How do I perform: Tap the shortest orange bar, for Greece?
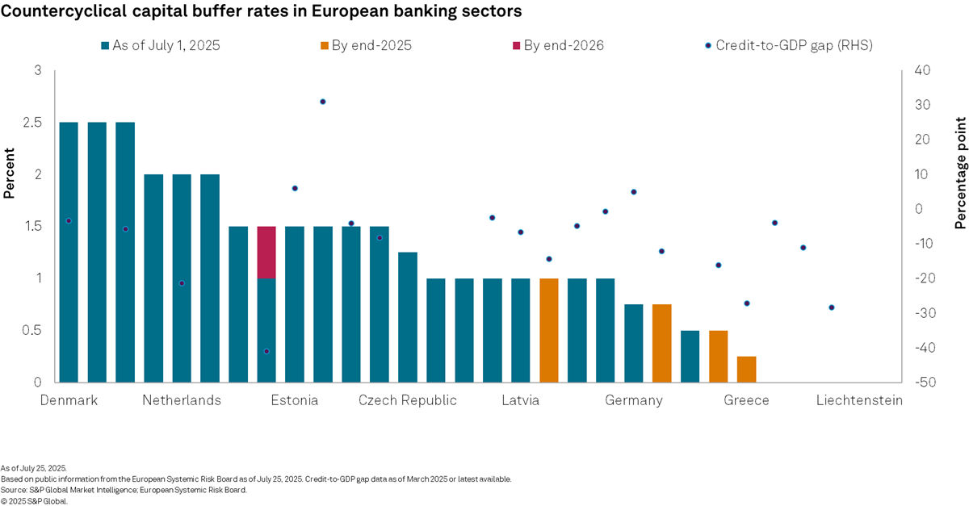pyautogui.click(x=746, y=369)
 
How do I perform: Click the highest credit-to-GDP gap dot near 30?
pyautogui.click(x=322, y=102)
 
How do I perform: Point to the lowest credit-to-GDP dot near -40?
pyautogui.click(x=266, y=351)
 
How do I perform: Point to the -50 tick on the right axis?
pyautogui.click(x=922, y=382)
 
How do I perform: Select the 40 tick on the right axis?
pyautogui.click(x=920, y=71)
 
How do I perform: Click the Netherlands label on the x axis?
pyautogui.click(x=182, y=401)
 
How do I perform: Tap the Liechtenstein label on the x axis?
pyautogui.click(x=859, y=401)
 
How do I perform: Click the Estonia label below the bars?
pyautogui.click(x=294, y=401)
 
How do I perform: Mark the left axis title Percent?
pyautogui.click(x=10, y=173)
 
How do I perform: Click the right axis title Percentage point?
pyautogui.click(x=960, y=173)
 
